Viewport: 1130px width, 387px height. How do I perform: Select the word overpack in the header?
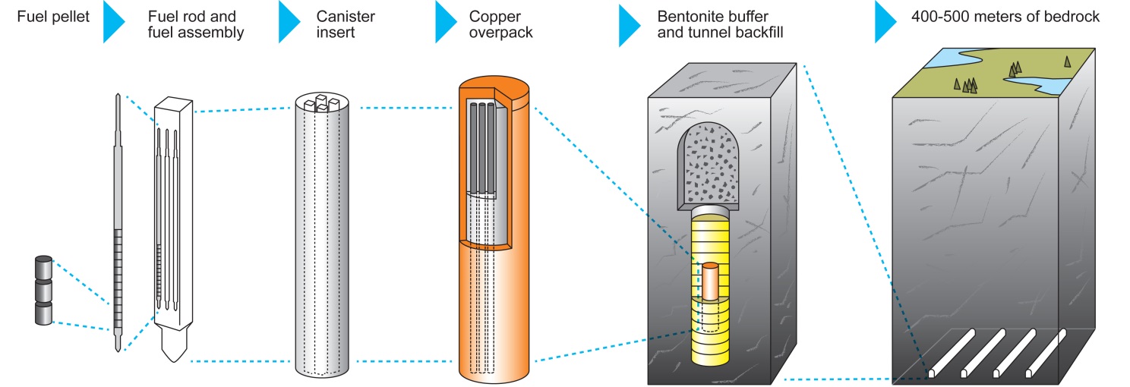click(501, 33)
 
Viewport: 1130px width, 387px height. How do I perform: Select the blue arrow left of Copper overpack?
click(446, 22)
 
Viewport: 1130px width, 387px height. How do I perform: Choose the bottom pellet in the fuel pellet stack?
click(43, 314)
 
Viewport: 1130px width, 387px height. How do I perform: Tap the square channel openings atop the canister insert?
click(320, 102)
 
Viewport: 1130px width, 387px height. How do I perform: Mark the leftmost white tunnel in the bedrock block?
click(952, 351)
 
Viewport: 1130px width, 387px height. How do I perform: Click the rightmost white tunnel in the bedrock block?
click(1049, 351)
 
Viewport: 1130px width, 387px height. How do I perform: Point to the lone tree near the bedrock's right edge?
click(1067, 62)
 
